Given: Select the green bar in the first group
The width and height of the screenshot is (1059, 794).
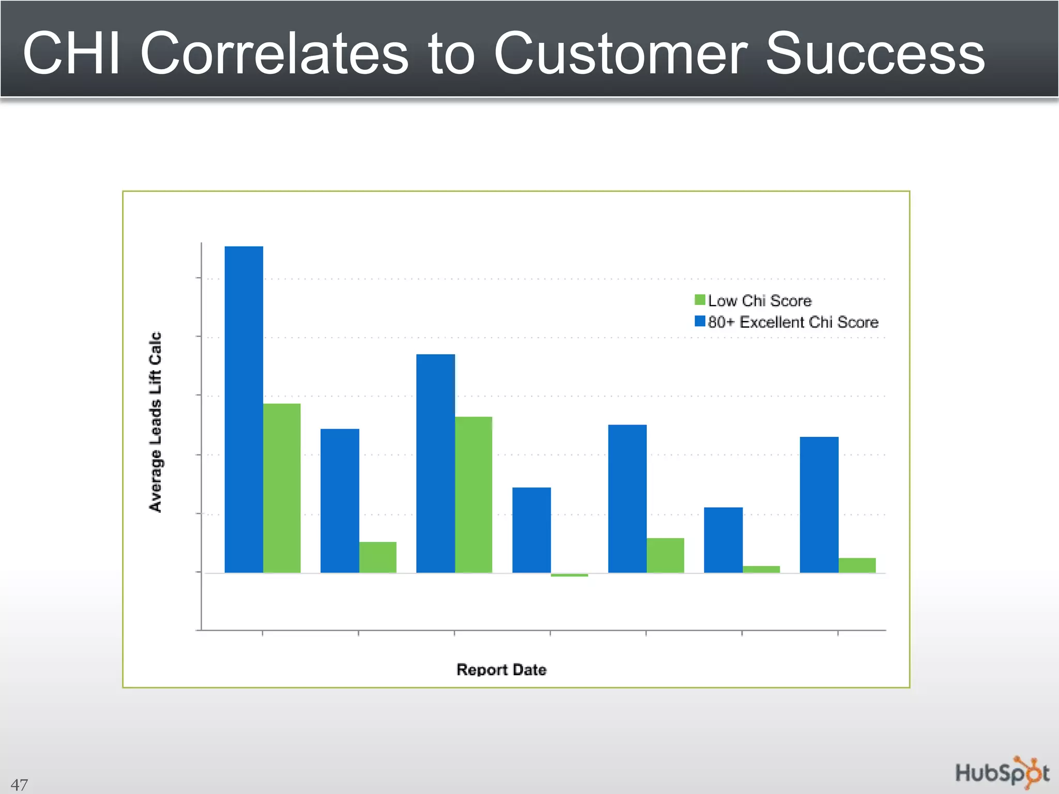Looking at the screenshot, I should (x=282, y=488).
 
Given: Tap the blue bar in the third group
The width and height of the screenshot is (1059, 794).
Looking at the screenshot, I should (x=435, y=463).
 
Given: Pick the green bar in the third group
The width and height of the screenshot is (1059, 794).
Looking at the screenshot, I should (x=474, y=495).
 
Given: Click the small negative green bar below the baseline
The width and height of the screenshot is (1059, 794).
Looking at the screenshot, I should (x=569, y=575).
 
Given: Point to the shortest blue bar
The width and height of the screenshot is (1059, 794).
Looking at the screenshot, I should (x=723, y=540).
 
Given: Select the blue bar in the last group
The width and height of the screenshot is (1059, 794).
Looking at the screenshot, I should (x=819, y=505).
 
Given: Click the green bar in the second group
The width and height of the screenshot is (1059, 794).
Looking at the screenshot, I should (x=377, y=557).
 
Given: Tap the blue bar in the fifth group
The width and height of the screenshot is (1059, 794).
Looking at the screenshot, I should (x=627, y=498).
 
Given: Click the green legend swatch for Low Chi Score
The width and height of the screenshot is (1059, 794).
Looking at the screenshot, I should (x=700, y=300).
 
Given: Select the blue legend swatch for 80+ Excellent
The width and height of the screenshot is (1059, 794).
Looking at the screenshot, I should (x=700, y=322).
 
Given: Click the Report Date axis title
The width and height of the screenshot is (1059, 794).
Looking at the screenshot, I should (x=501, y=669).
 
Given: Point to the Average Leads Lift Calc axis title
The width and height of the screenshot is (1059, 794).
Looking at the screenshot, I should (x=155, y=422).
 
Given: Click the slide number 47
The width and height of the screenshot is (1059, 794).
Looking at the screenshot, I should (x=19, y=785).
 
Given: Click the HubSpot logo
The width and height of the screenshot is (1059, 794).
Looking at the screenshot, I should (x=1002, y=773).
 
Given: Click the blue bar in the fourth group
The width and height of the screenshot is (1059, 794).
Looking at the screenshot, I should (x=532, y=530).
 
